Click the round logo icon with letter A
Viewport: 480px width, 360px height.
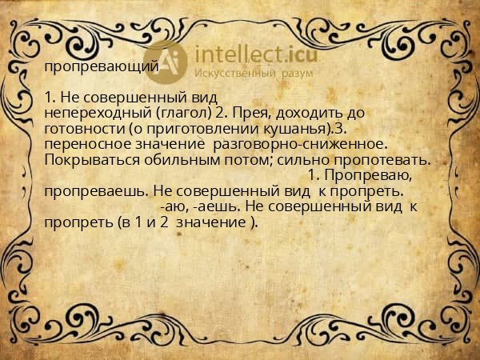(166, 59)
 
